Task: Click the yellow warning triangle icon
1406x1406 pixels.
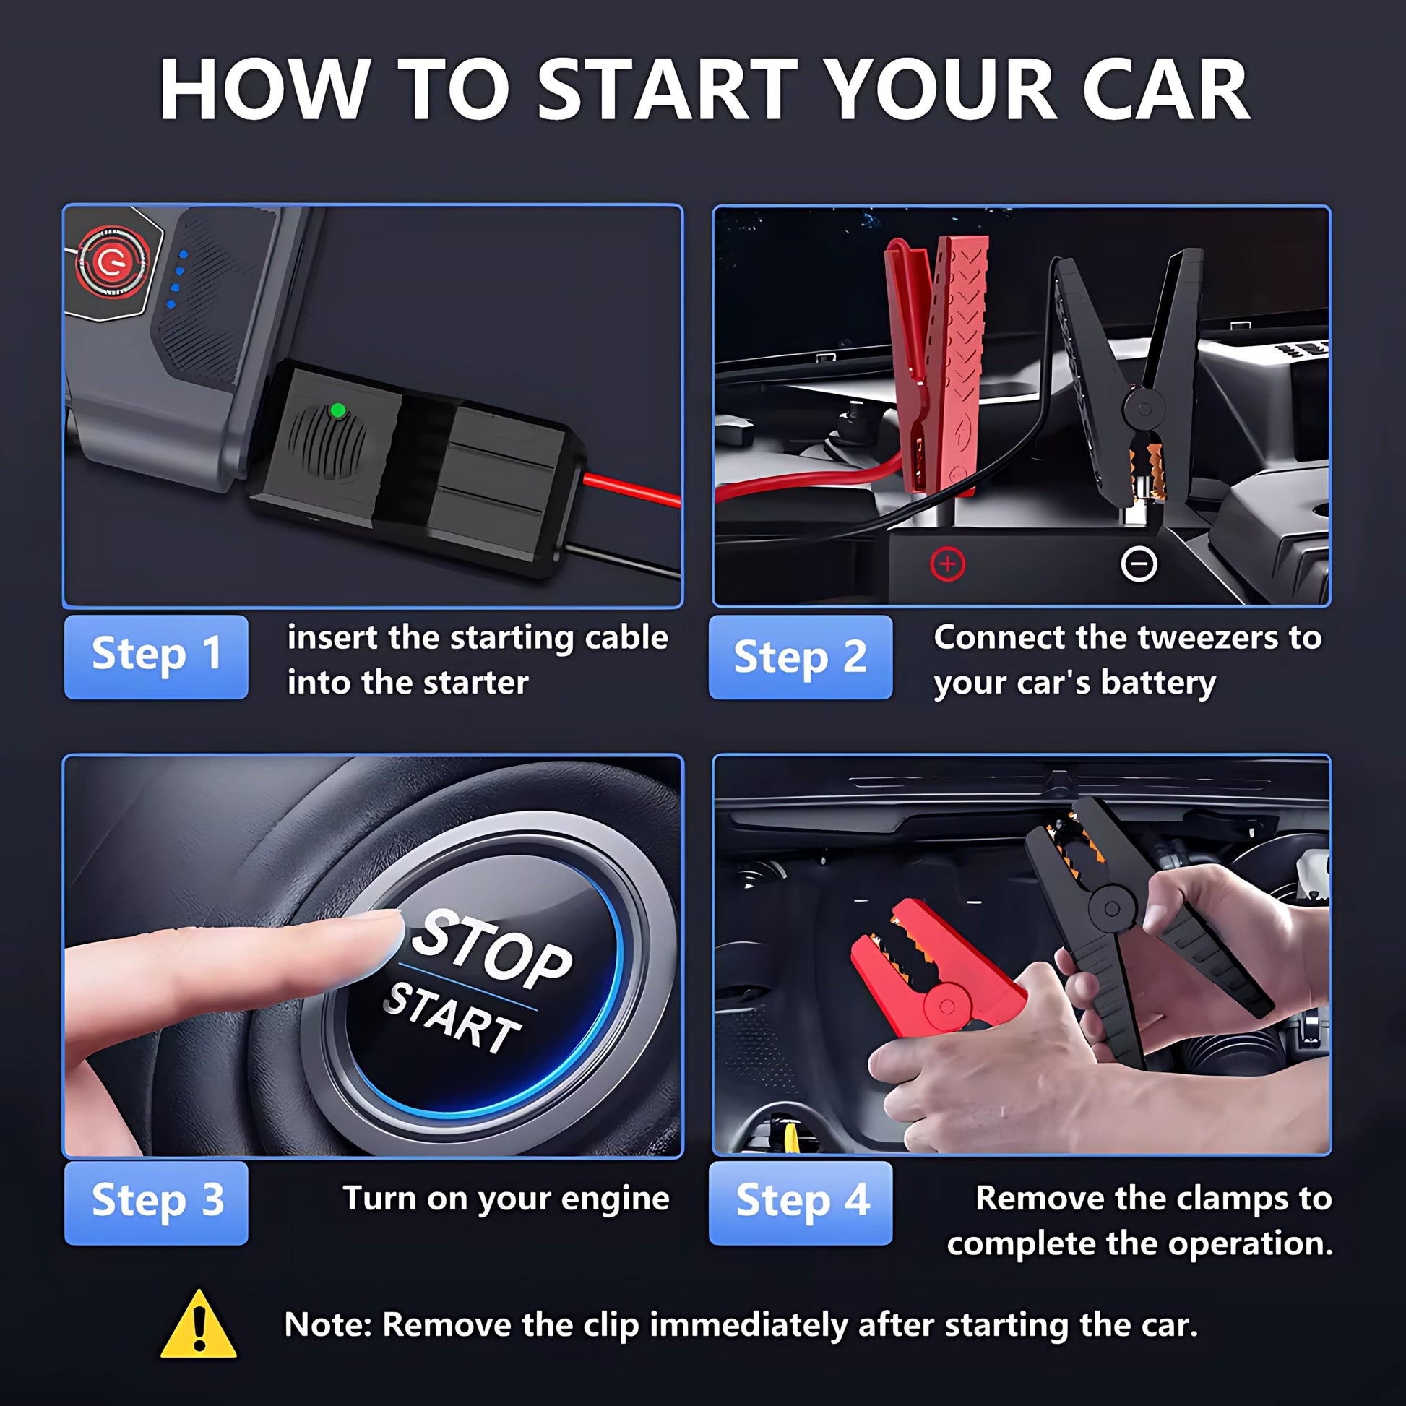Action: coord(199,1324)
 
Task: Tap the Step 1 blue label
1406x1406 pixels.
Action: coord(156,657)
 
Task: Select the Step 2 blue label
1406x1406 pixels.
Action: coord(801,657)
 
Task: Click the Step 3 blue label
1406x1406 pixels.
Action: coord(156,1203)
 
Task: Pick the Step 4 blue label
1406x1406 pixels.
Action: coord(801,1203)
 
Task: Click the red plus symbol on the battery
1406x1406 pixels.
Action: coord(947,564)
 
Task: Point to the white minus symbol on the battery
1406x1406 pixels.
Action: coord(1139,564)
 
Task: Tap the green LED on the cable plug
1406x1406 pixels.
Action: coord(337,410)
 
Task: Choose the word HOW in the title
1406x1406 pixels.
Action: coord(263,90)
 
